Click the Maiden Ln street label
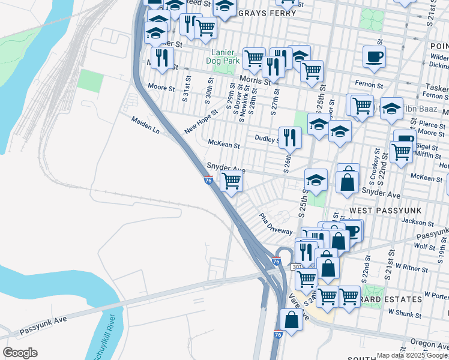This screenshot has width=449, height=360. click(x=146, y=125)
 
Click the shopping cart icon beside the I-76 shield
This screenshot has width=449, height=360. click(x=231, y=180)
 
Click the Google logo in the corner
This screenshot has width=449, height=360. click(x=20, y=353)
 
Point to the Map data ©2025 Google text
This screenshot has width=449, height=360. click(x=412, y=355)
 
